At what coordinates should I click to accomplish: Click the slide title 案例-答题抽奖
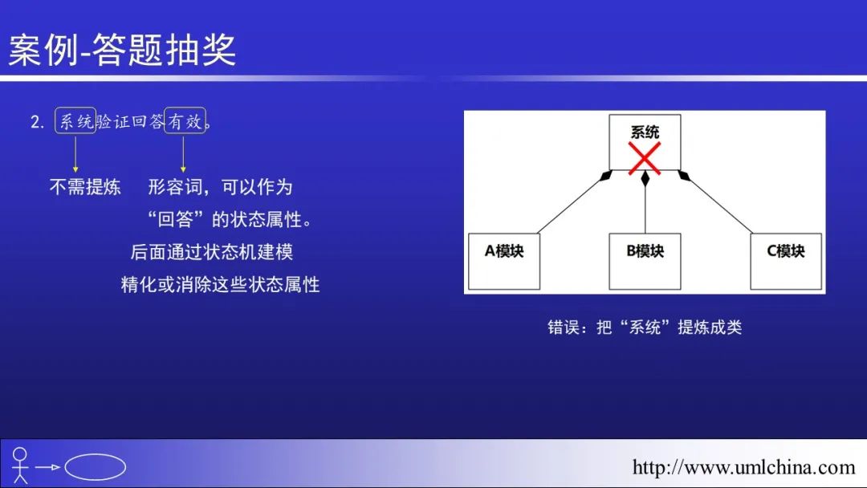(x=122, y=50)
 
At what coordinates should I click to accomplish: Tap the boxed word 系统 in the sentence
(x=75, y=120)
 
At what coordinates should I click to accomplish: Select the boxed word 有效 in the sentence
(x=185, y=120)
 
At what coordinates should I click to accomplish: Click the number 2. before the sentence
(x=37, y=122)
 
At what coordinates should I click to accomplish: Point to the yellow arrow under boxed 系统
(x=75, y=153)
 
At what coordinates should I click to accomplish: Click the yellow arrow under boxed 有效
(x=183, y=153)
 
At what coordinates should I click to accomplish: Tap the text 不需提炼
(x=85, y=187)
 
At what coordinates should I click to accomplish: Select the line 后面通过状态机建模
(x=212, y=252)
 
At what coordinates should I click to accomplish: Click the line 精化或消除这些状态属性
(x=220, y=285)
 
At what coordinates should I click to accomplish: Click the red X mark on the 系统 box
(x=644, y=158)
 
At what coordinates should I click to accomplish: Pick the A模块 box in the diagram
(x=503, y=261)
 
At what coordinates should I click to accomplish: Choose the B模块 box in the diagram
(x=645, y=261)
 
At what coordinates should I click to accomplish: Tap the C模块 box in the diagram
(x=786, y=261)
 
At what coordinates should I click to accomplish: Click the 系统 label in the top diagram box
(x=645, y=132)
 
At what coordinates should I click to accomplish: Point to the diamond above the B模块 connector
(x=645, y=178)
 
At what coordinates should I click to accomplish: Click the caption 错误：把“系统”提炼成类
(x=645, y=327)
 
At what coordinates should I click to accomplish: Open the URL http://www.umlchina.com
(x=743, y=468)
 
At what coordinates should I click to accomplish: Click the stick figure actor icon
(x=20, y=466)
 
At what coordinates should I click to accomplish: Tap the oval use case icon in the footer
(x=95, y=467)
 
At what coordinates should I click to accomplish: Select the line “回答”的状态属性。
(x=230, y=219)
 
